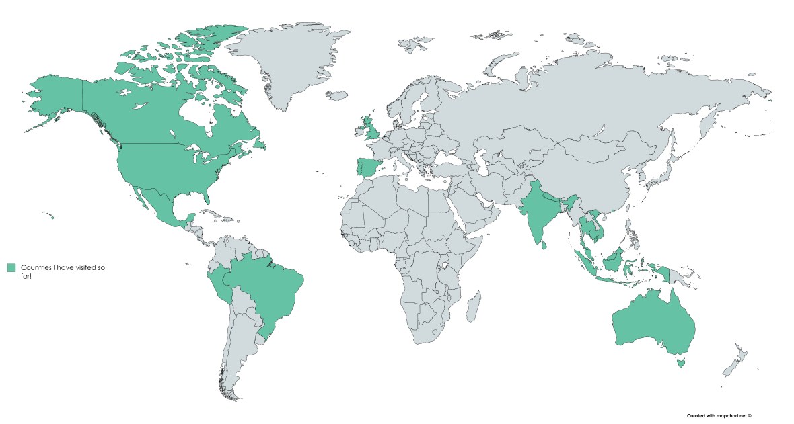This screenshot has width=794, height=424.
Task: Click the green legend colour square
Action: coord(11,268)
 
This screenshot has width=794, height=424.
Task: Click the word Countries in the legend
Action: coord(37,267)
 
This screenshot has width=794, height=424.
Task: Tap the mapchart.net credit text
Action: coord(718,416)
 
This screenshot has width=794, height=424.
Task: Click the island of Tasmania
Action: coord(682,363)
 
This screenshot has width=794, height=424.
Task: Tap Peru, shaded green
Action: coord(215,286)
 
